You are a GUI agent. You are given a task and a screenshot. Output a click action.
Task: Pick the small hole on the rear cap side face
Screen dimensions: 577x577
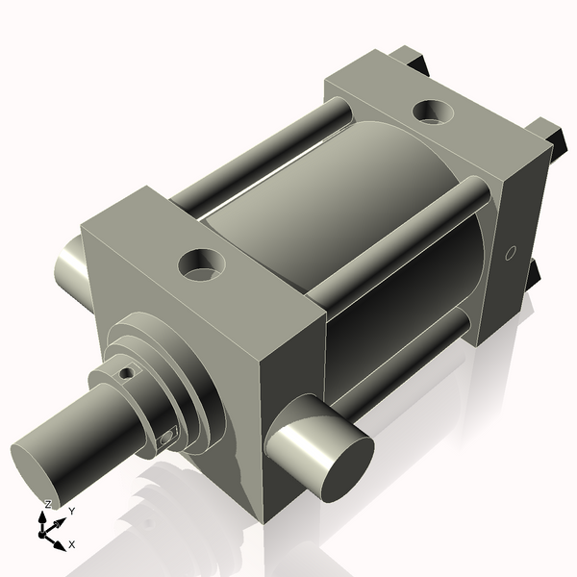point(512,253)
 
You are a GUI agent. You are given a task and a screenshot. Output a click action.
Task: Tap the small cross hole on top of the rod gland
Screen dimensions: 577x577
point(126,371)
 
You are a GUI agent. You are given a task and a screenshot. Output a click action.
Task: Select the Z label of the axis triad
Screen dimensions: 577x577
point(47,505)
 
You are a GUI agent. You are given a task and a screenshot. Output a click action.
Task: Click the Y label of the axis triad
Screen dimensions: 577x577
point(71,513)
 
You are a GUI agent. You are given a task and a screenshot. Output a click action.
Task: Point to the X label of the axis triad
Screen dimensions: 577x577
point(72,544)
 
